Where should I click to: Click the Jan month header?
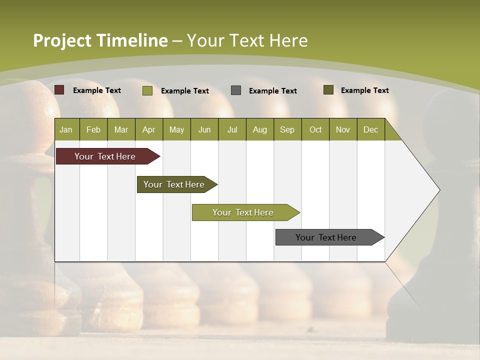point(66,129)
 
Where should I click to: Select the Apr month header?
point(149,129)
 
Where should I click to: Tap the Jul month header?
point(232,129)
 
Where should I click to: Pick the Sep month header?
point(287,129)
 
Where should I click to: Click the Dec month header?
point(370,129)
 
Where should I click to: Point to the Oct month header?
point(315,129)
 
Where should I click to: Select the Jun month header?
point(204,129)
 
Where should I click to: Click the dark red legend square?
point(59,90)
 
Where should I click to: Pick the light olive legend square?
point(147,90)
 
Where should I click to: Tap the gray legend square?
point(236,90)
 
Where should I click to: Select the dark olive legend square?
point(328,90)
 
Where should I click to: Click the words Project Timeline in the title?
point(100,40)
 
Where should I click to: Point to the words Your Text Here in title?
point(247,40)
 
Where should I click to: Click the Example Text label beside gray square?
point(273,90)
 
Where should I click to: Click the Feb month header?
point(93,129)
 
